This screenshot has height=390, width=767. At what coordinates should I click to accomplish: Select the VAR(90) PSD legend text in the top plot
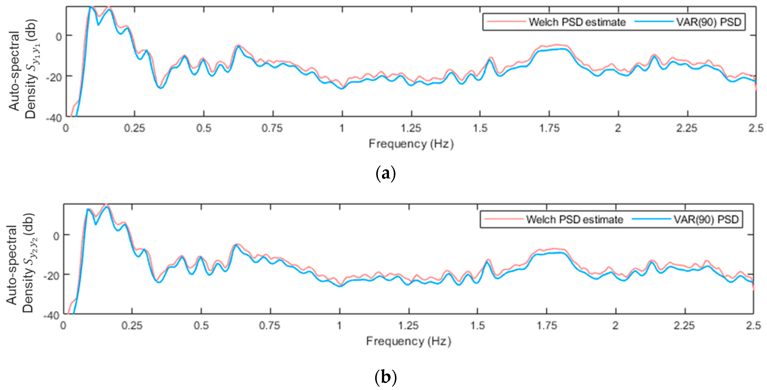pyautogui.click(x=708, y=22)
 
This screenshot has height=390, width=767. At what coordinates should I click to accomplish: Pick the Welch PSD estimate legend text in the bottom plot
pyautogui.click(x=574, y=220)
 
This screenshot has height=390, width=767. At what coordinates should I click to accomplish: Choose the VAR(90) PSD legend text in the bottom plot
pyautogui.click(x=706, y=220)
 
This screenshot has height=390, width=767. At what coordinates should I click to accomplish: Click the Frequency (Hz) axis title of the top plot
pyautogui.click(x=411, y=144)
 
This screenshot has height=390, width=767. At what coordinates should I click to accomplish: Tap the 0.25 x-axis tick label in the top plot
pyautogui.click(x=134, y=128)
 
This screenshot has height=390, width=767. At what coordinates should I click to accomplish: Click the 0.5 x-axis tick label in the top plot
pyautogui.click(x=204, y=128)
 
